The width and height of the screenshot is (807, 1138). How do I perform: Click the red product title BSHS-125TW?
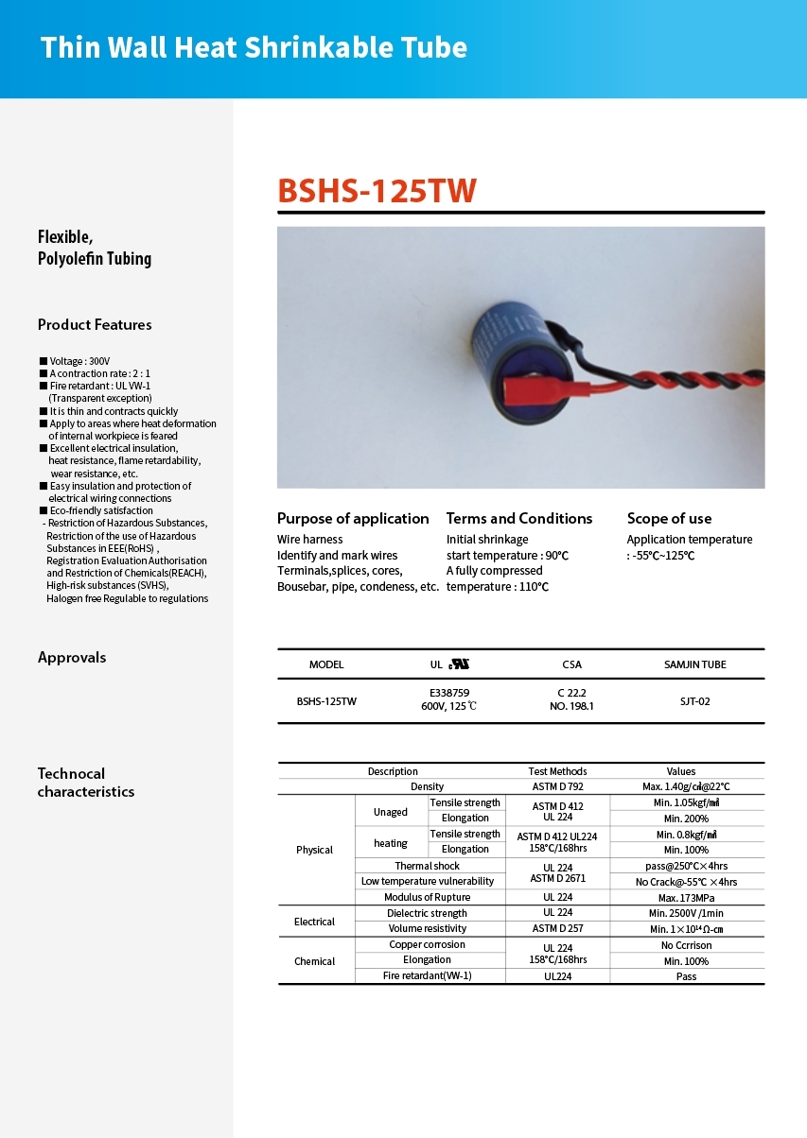pyautogui.click(x=377, y=190)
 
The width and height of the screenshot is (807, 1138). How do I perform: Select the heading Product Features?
pyautogui.click(x=95, y=324)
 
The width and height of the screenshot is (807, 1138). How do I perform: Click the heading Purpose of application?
pyautogui.click(x=353, y=518)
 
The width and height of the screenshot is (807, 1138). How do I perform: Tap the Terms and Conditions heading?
pyautogui.click(x=519, y=518)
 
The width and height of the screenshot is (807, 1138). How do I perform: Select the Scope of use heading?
pyautogui.click(x=669, y=518)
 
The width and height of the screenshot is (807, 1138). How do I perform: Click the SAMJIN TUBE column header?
pyautogui.click(x=695, y=664)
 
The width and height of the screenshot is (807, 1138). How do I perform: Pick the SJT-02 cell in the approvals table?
pyautogui.click(x=694, y=701)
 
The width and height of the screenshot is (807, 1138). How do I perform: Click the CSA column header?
pyautogui.click(x=571, y=664)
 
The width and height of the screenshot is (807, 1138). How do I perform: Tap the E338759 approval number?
pyautogui.click(x=449, y=693)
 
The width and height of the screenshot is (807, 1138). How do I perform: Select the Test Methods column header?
pyautogui.click(x=557, y=771)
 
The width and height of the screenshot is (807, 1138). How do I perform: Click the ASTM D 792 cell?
pyautogui.click(x=557, y=786)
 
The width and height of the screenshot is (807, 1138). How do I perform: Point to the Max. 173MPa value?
pyautogui.click(x=686, y=897)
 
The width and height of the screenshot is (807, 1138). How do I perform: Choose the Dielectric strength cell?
pyautogui.click(x=427, y=913)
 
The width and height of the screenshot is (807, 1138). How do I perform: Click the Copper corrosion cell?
pyautogui.click(x=427, y=944)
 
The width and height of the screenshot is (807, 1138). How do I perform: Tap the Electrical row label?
pyautogui.click(x=314, y=922)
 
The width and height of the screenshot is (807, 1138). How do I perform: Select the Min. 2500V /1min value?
pyautogui.click(x=686, y=913)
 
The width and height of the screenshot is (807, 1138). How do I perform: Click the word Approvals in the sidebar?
pyautogui.click(x=72, y=657)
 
